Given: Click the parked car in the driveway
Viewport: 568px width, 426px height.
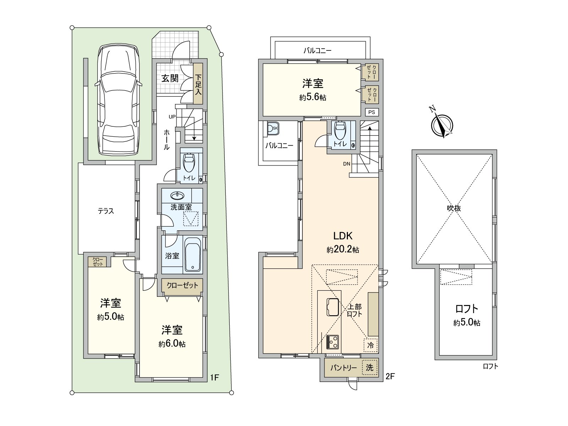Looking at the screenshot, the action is coord(118,100).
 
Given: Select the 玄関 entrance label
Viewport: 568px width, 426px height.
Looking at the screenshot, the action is coord(170,78).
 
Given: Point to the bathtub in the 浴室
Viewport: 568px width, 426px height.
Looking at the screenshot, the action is coord(193,255).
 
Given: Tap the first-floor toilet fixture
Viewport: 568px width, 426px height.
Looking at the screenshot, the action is coord(189,163).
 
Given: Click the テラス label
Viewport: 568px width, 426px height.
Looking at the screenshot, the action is coord(106,211).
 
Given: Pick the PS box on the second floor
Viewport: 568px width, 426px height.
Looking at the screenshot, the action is coord(372,112).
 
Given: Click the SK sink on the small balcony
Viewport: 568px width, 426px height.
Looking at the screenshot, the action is coord(273,128).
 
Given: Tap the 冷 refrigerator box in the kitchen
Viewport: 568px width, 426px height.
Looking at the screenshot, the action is coord(371,345).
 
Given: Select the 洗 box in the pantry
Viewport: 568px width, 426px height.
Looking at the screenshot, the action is coord(370,367).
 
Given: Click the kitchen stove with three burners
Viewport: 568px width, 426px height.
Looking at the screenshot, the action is coord(333,342).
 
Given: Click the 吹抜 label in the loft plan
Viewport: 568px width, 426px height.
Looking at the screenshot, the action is coord(454,208).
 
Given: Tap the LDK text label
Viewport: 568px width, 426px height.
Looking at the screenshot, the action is coord(343,236).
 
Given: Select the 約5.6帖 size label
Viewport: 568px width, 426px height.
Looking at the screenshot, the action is coord(313,98).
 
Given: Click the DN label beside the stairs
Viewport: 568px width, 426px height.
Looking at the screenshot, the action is coord(347,164).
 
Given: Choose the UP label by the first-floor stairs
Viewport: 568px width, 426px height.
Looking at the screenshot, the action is coord(172,117).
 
